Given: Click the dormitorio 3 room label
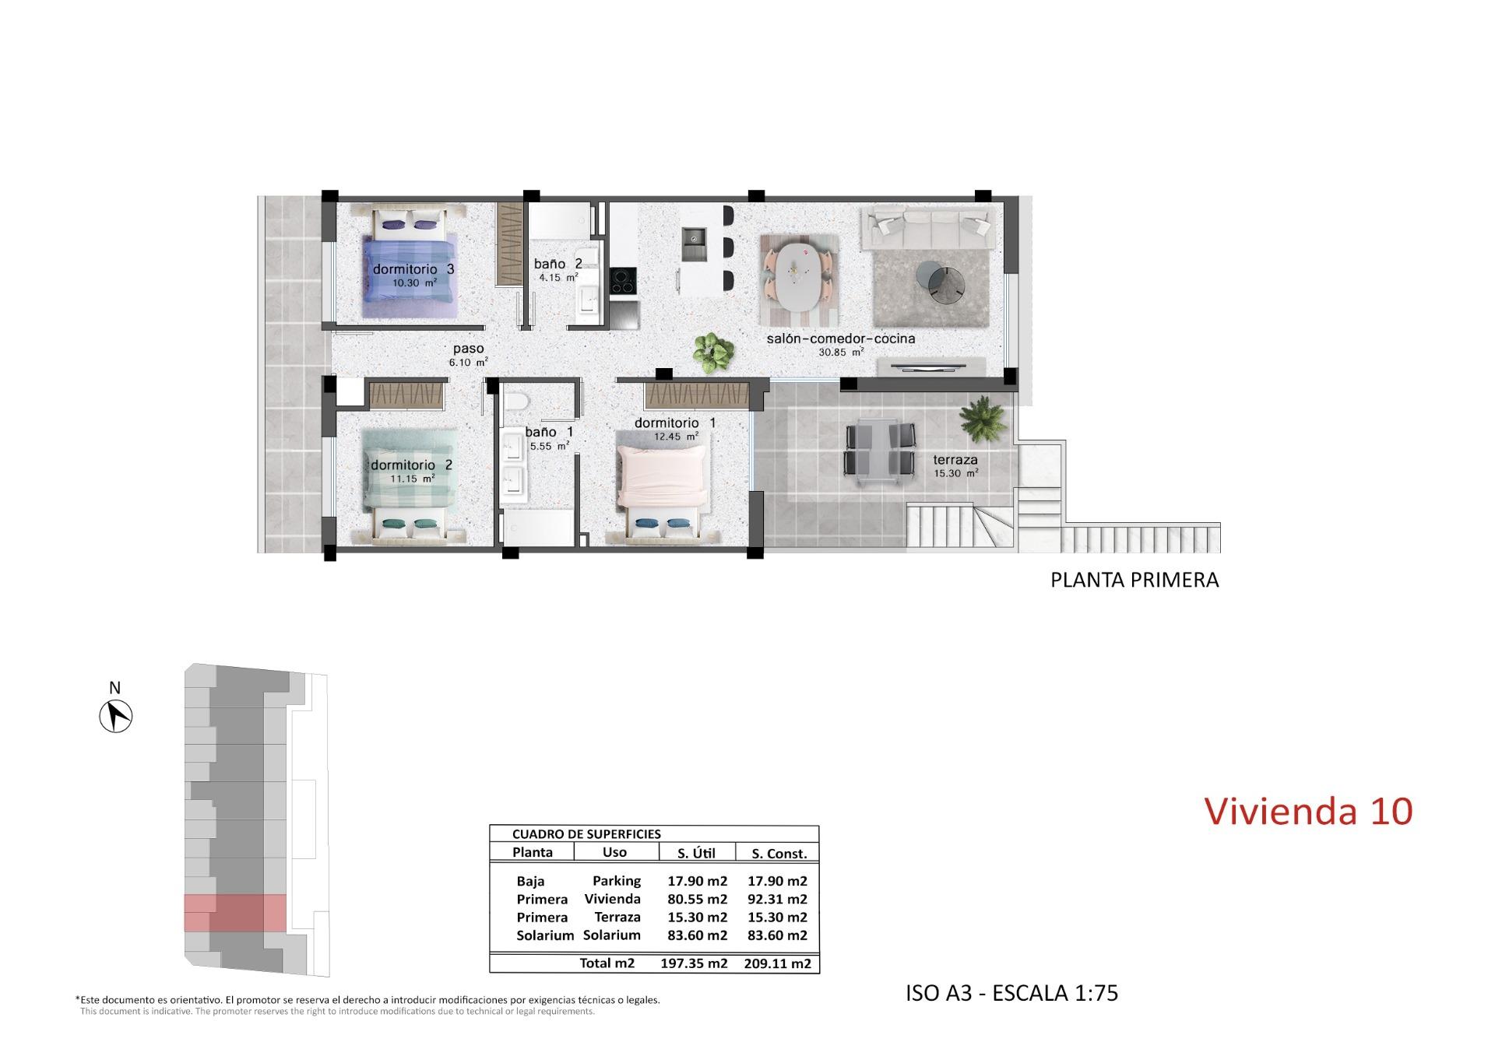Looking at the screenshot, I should pos(413,269).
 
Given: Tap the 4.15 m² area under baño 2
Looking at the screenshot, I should pos(558,277).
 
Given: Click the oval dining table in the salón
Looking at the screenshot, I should pos(799,278).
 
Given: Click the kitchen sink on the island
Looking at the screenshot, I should pos(692,244).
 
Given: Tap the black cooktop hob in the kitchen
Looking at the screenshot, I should pos(622,281).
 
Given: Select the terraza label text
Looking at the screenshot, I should pos(955,460).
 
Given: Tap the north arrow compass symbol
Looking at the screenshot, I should pos(116,715).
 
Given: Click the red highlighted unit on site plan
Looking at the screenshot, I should pos(235,913).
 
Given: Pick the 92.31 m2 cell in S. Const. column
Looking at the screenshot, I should pos(776,899).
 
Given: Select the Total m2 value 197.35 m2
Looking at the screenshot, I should pos(693,963).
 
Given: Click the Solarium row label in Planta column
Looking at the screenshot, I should pos(544,935).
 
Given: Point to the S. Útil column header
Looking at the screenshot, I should pos(695,853).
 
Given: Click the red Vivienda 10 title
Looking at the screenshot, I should pos(1307,811).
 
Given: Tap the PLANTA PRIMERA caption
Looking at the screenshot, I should pos(1134,580).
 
